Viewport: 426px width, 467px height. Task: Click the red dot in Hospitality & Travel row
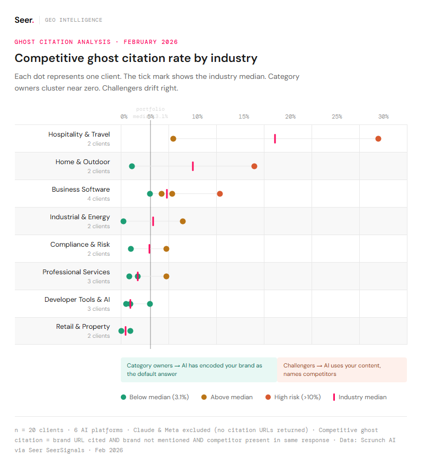pos(378,139)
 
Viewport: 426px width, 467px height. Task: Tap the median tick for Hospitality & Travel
pos(275,139)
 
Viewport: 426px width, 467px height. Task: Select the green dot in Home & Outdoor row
pos(132,166)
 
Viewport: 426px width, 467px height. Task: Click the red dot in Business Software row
pos(220,194)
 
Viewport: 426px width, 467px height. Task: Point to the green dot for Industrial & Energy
pos(123,221)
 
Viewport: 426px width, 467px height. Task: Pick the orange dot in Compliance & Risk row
pos(166,249)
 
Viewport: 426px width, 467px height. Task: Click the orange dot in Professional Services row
pos(166,276)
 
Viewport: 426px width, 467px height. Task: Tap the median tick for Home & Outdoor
pos(193,166)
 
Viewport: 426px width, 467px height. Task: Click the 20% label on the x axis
pos(290,116)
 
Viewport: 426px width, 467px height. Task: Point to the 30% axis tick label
pos(383,116)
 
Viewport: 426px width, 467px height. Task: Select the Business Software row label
pos(81,190)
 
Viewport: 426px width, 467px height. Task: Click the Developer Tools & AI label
pos(77,300)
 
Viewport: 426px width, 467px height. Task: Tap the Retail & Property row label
pos(83,327)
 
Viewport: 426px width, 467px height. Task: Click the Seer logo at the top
pos(24,20)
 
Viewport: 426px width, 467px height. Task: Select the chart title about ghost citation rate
pos(136,58)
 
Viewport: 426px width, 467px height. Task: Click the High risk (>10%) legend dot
pos(268,397)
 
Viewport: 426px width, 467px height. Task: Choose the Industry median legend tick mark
pos(334,397)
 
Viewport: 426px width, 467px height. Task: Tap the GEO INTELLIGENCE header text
pos(74,20)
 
